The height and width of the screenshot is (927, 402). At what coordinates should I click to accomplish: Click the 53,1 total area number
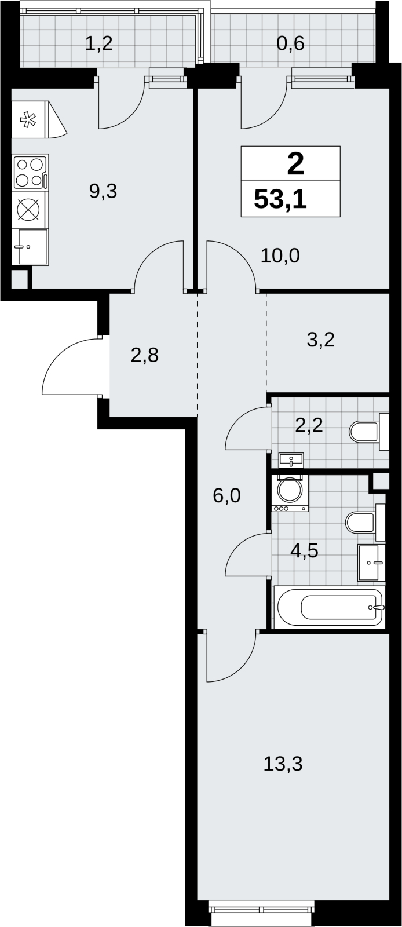[280, 199]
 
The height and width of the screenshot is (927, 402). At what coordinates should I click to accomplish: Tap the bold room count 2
[295, 165]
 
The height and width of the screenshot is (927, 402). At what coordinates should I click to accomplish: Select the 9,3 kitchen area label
[103, 191]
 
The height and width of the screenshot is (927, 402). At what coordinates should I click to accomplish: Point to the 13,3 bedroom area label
[283, 764]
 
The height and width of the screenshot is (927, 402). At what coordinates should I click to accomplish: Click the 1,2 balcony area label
[99, 43]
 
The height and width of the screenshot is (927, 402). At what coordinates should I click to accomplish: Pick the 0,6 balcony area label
[290, 43]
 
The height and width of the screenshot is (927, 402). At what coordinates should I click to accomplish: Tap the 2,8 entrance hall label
[145, 355]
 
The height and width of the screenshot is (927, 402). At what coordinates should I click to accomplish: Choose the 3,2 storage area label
[321, 340]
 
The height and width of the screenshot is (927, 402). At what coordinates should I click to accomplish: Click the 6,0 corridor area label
[226, 495]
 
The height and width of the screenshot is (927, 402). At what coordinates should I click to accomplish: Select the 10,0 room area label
[280, 256]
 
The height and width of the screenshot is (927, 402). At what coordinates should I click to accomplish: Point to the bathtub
[329, 607]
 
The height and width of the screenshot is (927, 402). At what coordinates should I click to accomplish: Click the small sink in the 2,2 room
[291, 460]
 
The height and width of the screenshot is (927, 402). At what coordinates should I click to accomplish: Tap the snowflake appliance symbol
[28, 120]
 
